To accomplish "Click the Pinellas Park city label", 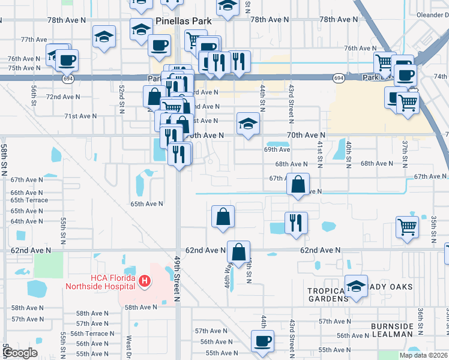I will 181,20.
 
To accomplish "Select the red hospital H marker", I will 144,280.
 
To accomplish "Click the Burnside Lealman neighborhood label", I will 392,330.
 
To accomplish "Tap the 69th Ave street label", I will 277,149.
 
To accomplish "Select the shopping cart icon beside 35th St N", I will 407,227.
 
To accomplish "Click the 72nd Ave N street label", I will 63,97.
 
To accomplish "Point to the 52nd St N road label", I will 122,96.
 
